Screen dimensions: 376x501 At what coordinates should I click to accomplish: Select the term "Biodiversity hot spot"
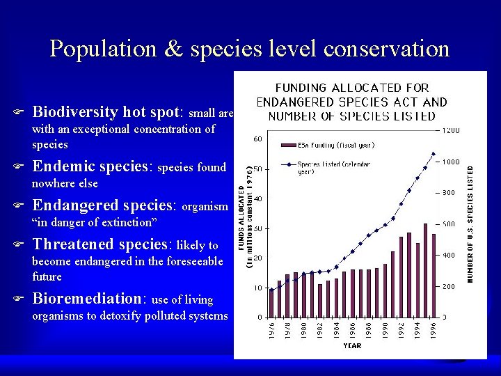click(107, 112)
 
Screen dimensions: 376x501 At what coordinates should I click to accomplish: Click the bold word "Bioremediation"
click(87, 299)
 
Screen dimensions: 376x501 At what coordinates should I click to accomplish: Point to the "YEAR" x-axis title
click(352, 346)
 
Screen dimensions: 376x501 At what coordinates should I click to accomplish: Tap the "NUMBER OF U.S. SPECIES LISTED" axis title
click(470, 223)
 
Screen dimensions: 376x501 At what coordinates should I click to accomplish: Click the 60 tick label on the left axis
click(257, 139)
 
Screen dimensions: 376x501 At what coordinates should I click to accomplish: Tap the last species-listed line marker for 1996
click(433, 154)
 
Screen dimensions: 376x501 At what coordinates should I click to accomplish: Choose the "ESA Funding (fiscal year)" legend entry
click(327, 145)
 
